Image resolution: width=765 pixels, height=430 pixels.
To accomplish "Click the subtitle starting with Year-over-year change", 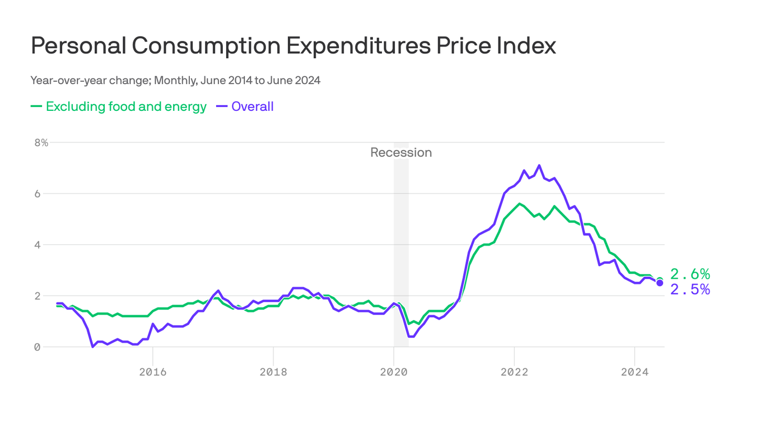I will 175,80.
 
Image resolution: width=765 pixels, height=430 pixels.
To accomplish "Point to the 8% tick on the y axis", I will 41,143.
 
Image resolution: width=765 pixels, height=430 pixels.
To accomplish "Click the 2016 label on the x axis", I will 153,372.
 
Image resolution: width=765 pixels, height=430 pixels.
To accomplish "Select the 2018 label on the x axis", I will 273,372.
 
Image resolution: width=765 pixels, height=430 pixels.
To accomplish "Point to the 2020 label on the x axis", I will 394,372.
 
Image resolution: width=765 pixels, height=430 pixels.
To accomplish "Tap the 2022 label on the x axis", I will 514,372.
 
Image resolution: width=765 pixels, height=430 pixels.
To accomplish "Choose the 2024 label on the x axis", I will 635,372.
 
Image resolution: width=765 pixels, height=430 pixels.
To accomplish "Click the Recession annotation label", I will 401,152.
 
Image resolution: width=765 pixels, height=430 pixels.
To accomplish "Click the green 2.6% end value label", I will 690,274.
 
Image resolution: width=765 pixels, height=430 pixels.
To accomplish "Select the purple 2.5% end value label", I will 690,289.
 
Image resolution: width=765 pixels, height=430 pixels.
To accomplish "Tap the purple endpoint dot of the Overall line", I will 660,283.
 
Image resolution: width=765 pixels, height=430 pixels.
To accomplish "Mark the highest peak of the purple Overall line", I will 539,165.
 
